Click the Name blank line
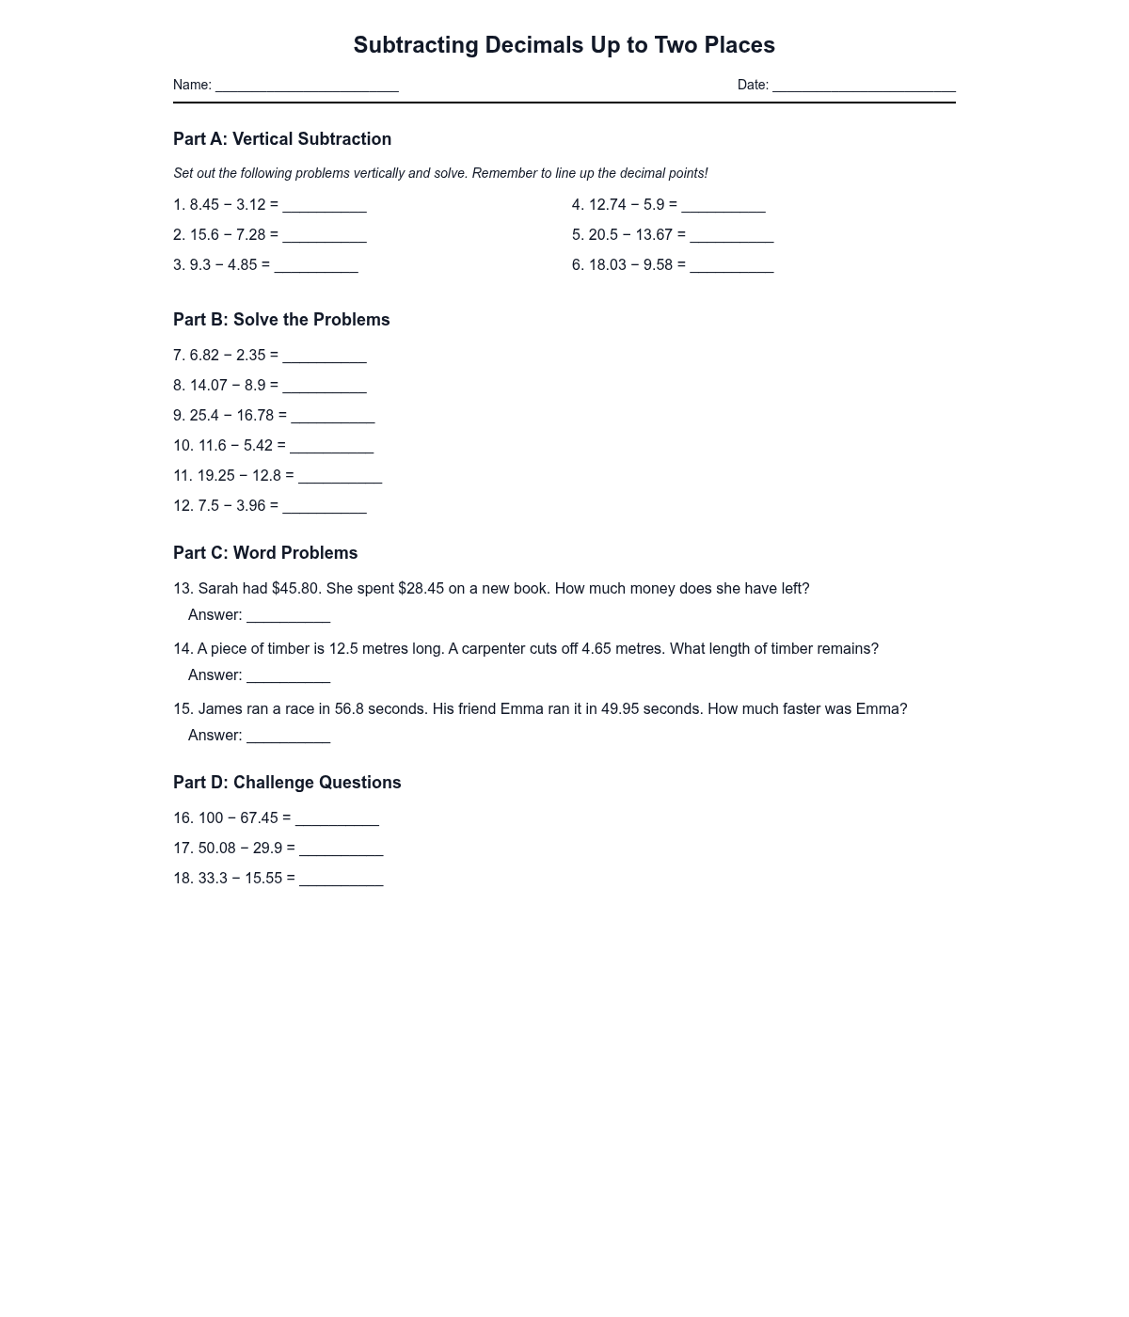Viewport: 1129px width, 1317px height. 307,87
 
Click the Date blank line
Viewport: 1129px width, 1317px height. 864,87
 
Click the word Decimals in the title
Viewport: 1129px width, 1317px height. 534,45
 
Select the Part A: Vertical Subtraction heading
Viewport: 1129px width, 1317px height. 282,139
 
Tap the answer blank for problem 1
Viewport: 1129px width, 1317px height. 325,207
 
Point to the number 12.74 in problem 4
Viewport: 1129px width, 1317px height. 607,205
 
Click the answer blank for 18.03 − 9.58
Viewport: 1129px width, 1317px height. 731,267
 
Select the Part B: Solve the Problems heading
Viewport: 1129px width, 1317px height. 281,320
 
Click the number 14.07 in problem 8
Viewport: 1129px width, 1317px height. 209,386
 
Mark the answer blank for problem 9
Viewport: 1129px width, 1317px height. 333,418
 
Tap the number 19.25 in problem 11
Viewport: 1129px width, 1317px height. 215,476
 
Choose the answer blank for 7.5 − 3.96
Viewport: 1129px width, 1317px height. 325,508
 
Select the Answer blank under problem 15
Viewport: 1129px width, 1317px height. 288,738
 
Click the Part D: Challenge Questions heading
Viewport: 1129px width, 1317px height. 287,783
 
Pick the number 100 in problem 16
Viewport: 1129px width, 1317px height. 211,818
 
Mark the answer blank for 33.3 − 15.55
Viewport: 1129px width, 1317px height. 341,881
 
